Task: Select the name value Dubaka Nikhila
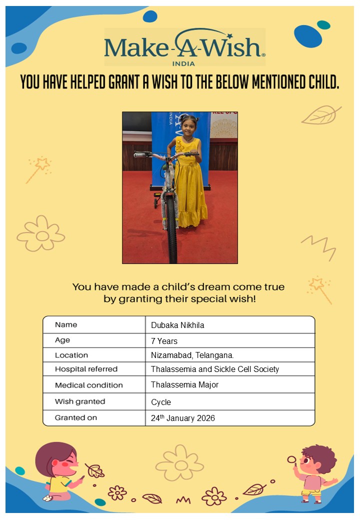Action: [177, 325]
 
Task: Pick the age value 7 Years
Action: [164, 341]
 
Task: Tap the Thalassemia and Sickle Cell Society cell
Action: [214, 369]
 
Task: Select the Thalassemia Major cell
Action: [184, 385]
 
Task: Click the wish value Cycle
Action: [161, 402]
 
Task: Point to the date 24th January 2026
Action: [182, 418]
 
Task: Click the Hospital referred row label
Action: [86, 369]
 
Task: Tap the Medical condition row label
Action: [88, 385]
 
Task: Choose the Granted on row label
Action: [76, 417]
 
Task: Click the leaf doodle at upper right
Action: [320, 115]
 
